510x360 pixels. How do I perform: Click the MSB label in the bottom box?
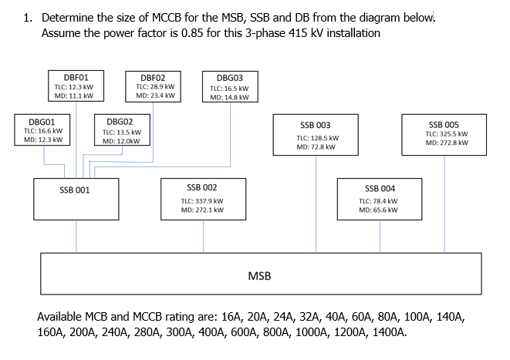point(259,275)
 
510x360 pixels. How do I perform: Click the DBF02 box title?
point(153,77)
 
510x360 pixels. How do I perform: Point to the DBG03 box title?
point(229,78)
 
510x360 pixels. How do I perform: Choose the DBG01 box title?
point(42,121)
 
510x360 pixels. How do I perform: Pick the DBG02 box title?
point(120,122)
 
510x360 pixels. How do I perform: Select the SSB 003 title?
point(315,125)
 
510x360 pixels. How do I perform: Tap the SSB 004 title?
point(380,188)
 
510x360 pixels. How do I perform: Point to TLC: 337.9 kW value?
point(202,200)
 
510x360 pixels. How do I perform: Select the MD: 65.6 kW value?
point(379,210)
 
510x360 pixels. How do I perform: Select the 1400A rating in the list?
point(388,333)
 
